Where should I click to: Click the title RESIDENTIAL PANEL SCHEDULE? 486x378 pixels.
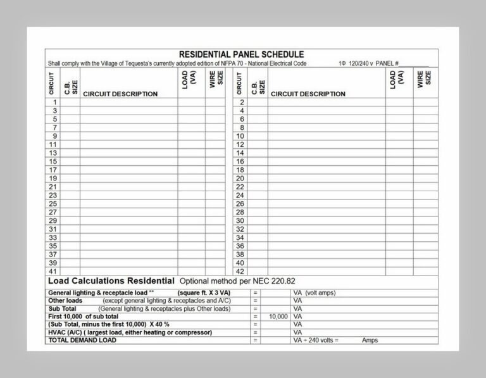tap(241, 54)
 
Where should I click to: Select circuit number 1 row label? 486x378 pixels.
tap(55, 102)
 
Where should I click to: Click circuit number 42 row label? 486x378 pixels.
tap(240, 272)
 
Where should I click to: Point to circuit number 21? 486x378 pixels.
tap(54, 187)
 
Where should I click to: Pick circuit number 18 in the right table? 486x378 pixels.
tap(240, 170)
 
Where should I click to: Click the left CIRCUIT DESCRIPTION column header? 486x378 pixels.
tap(120, 94)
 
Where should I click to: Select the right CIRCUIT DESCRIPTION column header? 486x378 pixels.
tap(308, 94)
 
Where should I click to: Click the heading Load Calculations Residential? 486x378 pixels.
tap(111, 280)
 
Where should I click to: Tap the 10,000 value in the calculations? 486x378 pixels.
tap(278, 316)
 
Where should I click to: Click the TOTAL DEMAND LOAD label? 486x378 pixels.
tap(82, 340)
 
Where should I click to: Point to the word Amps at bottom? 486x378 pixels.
tap(370, 340)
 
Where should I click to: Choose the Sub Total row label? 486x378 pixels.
tap(63, 308)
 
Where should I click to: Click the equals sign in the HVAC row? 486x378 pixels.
tap(255, 332)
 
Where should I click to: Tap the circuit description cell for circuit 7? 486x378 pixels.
tap(128, 127)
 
